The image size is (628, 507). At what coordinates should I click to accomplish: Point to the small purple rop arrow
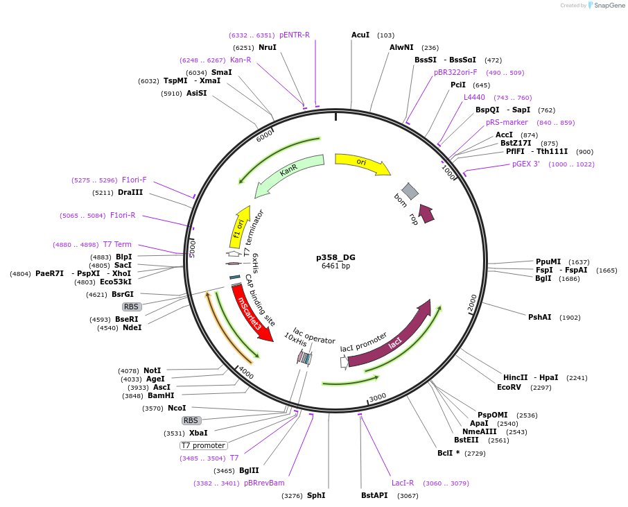[426, 214]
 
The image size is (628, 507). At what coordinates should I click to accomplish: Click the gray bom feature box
[410, 191]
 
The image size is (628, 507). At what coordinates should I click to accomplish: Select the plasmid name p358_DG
[335, 256]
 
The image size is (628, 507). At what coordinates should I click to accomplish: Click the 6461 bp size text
[335, 266]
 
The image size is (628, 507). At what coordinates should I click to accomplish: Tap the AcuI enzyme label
[360, 35]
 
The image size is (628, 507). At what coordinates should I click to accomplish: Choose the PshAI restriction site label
[540, 317]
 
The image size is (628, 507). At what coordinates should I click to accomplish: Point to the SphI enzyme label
[315, 495]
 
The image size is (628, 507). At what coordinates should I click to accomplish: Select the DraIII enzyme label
[130, 192]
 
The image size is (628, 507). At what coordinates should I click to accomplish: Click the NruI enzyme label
[268, 47]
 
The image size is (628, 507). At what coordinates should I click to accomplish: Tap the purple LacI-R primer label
[403, 483]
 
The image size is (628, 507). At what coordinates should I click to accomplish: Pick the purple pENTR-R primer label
[295, 35]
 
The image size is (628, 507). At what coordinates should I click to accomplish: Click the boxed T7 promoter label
[203, 445]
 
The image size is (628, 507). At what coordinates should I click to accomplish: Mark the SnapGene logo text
[607, 6]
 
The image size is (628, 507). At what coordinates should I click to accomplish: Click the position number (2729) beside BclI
[475, 453]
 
